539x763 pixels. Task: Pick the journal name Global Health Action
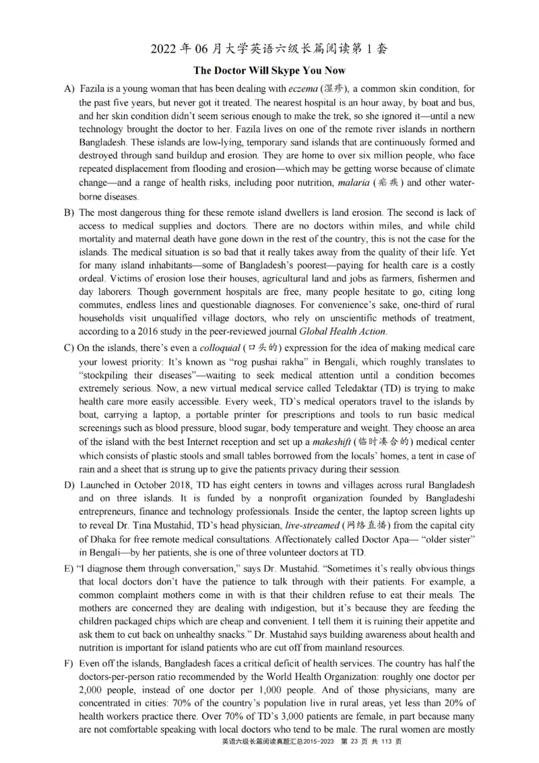343,331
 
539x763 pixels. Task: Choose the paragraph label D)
69,485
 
